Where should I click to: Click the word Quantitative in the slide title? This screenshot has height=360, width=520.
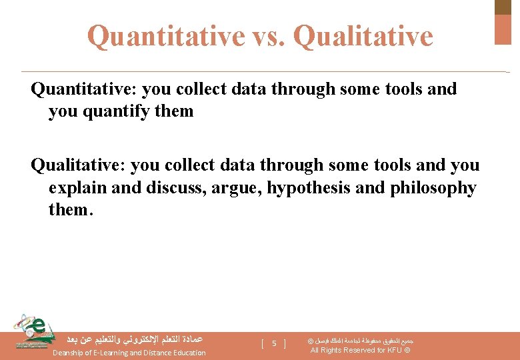coord(165,36)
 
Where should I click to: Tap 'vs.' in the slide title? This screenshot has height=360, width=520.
coord(268,36)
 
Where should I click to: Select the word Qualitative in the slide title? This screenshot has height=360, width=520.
coord(363,36)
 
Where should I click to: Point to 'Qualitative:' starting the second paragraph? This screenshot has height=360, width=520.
coord(78,165)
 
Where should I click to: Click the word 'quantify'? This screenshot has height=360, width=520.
coord(119,111)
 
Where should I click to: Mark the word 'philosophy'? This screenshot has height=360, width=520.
coord(429,188)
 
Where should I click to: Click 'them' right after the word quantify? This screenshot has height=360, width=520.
coord(173,111)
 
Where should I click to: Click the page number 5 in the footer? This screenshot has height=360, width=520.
coord(274,343)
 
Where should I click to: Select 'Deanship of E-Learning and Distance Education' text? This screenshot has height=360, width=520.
coord(129,353)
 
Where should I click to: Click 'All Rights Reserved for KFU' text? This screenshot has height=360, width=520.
coord(361,351)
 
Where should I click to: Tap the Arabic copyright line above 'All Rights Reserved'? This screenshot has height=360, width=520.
coord(361,340)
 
